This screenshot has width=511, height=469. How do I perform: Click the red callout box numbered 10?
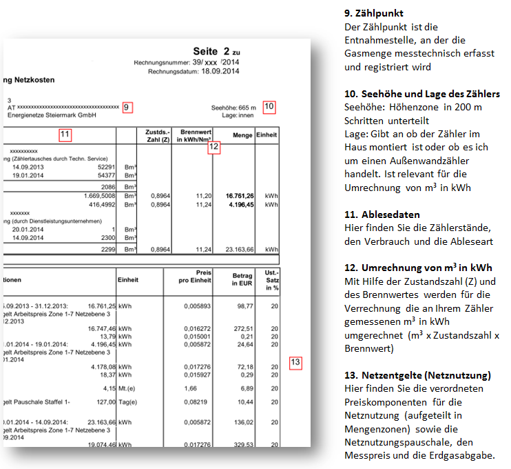pos(269,106)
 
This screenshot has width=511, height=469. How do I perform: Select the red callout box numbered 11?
pos(65,134)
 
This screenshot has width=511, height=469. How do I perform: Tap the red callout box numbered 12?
pos(214,146)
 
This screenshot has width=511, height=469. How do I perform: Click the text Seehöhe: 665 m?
pos(233,108)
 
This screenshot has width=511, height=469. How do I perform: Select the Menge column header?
pos(243,136)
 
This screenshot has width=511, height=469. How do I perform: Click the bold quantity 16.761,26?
pos(239,196)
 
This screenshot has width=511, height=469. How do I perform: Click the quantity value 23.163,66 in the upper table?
pos(238,249)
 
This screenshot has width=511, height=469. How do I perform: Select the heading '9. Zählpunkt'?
pos(373,13)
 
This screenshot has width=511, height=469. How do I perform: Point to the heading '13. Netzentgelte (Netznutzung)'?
pos(417,375)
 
